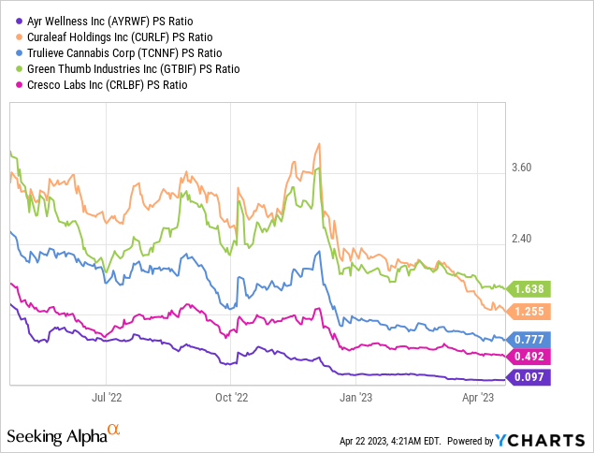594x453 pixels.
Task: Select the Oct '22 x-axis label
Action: (x=230, y=397)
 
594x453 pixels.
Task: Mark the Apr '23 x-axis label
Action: (x=478, y=397)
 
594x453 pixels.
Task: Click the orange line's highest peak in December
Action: (x=320, y=143)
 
